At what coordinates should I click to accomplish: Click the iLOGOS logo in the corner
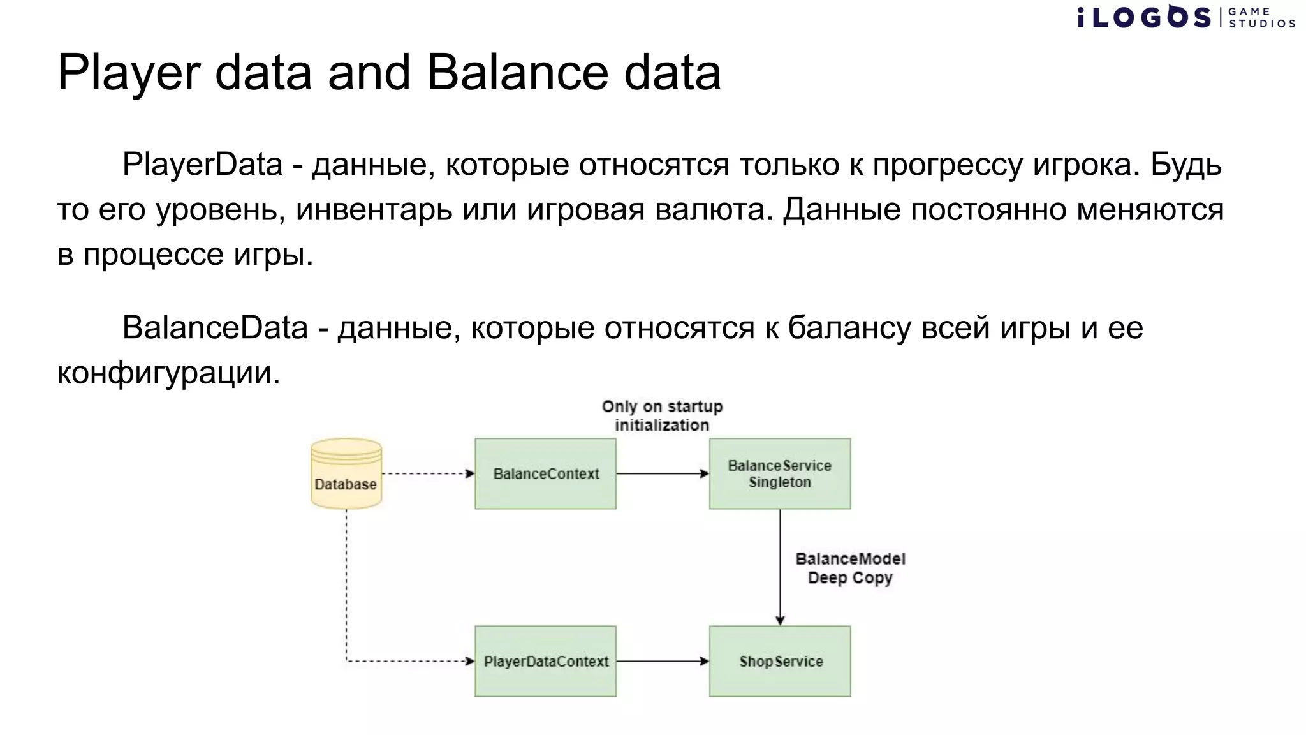(x=1144, y=17)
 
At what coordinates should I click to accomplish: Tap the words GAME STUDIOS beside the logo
(x=1261, y=17)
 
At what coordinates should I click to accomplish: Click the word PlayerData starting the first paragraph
(x=202, y=165)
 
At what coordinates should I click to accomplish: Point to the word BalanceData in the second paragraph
(x=215, y=328)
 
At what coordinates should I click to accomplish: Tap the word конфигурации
(x=168, y=373)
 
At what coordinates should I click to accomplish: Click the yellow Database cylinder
(x=346, y=473)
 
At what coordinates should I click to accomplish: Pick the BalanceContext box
(x=545, y=473)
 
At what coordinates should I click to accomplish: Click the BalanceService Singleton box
(x=779, y=473)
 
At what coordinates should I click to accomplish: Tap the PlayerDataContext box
(x=545, y=661)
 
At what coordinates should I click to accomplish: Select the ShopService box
(x=779, y=661)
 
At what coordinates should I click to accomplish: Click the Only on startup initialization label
(x=662, y=415)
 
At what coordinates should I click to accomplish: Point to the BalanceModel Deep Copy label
(x=849, y=568)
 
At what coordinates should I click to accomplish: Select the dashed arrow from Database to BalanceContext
(x=427, y=473)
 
